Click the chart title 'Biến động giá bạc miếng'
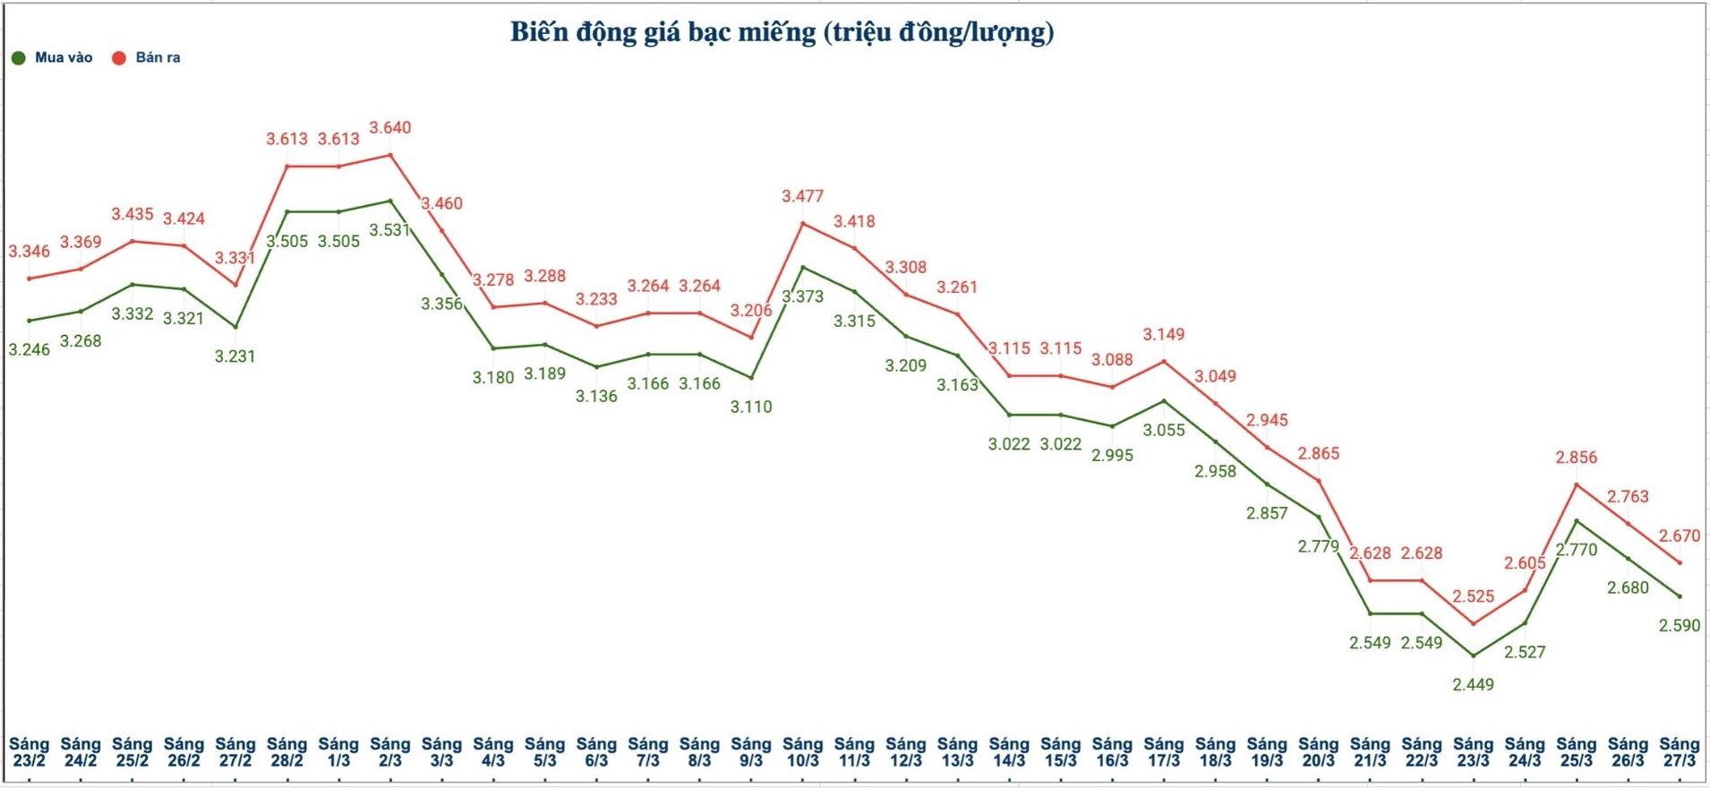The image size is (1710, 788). tap(782, 32)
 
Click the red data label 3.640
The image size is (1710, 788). tap(390, 128)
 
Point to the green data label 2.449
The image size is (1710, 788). tap(1473, 685)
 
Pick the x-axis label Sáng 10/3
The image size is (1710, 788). tap(802, 752)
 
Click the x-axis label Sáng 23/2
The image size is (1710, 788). tap(29, 752)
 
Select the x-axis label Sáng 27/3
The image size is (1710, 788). tap(1679, 752)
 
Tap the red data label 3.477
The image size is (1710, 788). tap(802, 196)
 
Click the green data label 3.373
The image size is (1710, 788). tap(802, 296)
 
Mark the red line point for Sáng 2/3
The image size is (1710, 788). tap(390, 155)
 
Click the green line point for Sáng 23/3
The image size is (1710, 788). tap(1473, 656)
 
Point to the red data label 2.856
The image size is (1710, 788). tap(1576, 458)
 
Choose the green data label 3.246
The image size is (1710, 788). tap(30, 350)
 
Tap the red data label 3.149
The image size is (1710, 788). tap(1163, 335)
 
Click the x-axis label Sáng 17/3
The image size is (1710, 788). tap(1163, 752)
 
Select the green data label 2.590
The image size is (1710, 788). tap(1679, 626)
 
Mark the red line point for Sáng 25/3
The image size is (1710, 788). tap(1576, 484)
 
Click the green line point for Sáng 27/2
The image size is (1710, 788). tap(235, 327)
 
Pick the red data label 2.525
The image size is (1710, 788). tap(1473, 596)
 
